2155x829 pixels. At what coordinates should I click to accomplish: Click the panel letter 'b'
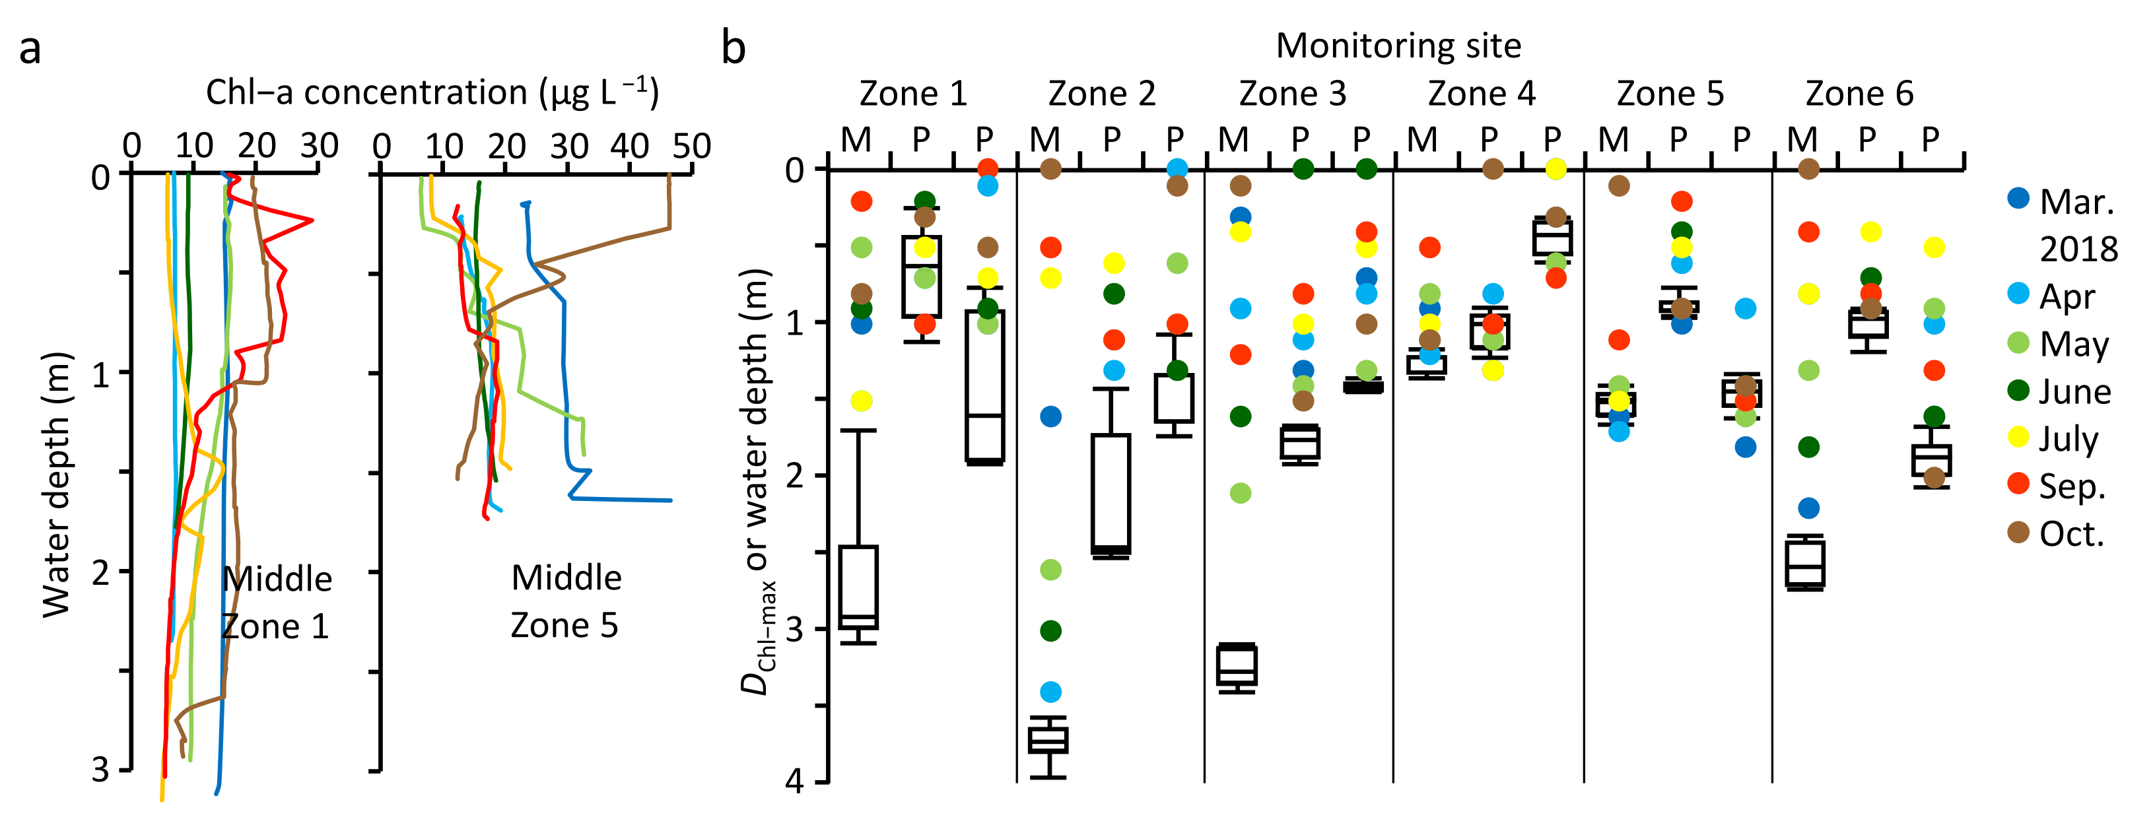point(733,49)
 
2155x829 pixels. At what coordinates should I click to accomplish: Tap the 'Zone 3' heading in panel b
point(1293,94)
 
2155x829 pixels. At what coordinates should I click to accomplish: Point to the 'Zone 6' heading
point(1859,94)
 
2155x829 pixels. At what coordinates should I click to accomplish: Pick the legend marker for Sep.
point(2018,484)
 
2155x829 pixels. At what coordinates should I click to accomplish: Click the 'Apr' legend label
point(2067,297)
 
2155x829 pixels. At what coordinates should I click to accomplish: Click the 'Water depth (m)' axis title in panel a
point(57,485)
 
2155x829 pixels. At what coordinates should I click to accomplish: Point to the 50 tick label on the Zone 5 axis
point(691,147)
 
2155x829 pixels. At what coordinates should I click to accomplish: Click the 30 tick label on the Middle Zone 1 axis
point(319,147)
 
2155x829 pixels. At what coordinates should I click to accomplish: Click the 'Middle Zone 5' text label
point(566,601)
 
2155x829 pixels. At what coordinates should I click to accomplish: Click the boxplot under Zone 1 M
point(858,586)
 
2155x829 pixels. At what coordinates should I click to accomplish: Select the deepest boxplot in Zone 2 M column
point(1048,741)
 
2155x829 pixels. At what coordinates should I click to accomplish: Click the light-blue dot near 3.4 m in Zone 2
point(1050,692)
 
